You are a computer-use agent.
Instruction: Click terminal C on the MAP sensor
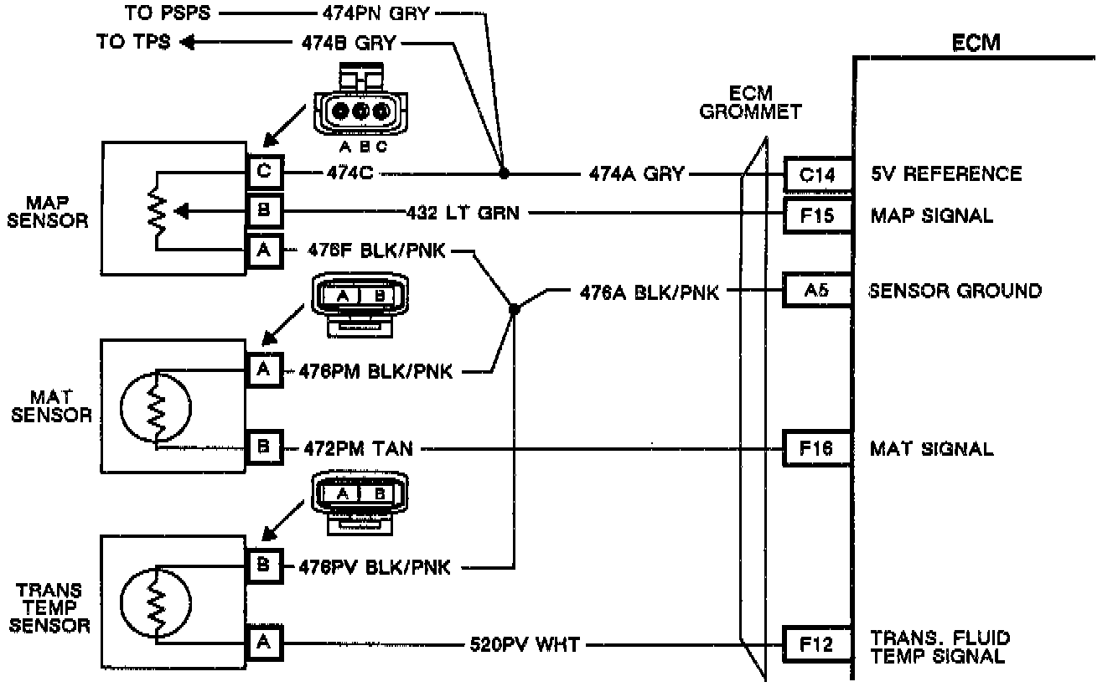pos(264,173)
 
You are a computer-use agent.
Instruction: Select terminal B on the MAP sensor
pos(264,213)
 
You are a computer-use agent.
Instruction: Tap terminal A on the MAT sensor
pos(264,369)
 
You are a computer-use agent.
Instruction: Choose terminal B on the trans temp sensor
pos(264,566)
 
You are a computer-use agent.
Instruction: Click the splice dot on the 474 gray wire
pos(503,174)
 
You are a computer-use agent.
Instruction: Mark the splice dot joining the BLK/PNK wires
pos(515,309)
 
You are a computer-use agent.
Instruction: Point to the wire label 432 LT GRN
pos(463,214)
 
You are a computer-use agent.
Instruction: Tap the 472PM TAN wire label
pos(356,449)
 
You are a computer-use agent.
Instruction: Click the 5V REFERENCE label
pos(945,174)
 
